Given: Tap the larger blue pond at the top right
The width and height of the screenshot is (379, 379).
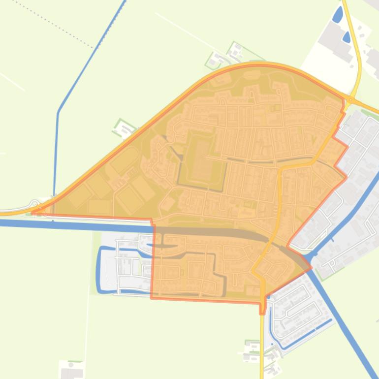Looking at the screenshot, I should click(x=338, y=16).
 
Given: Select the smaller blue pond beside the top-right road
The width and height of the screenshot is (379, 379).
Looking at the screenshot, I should click(x=347, y=37).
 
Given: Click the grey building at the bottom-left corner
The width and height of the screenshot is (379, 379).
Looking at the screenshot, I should click(x=71, y=372).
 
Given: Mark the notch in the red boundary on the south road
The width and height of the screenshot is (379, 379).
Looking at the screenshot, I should click(x=263, y=308).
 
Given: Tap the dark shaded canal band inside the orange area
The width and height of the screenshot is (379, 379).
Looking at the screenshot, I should click(x=221, y=233).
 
